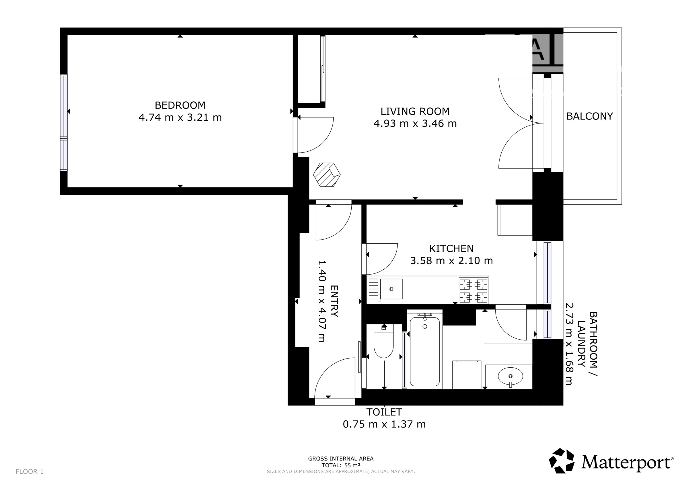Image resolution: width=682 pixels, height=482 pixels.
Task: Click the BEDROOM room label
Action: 180,105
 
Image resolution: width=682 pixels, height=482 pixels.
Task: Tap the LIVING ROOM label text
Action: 415,111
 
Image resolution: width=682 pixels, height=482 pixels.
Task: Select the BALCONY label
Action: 590,116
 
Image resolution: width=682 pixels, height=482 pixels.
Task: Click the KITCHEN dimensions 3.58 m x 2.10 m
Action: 451,260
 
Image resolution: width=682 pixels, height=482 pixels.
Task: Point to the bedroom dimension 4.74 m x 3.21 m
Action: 180,117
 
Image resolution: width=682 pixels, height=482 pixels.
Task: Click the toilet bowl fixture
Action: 384,341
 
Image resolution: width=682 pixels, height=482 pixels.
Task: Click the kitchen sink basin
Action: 391,289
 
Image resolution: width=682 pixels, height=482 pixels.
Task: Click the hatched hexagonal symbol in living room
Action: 327,175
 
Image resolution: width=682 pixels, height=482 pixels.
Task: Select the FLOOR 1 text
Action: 30,471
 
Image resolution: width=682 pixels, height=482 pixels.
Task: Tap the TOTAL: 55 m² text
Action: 341,465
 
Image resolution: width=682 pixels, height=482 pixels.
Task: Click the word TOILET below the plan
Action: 384,412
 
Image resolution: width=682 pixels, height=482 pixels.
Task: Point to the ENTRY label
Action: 334,301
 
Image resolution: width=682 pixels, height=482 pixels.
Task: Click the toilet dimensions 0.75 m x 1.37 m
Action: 384,424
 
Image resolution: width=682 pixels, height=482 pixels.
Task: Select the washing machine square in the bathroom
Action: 467,375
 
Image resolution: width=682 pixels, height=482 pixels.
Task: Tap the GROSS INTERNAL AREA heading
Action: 341,459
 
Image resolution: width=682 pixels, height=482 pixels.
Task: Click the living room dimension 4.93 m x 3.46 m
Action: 415,124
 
